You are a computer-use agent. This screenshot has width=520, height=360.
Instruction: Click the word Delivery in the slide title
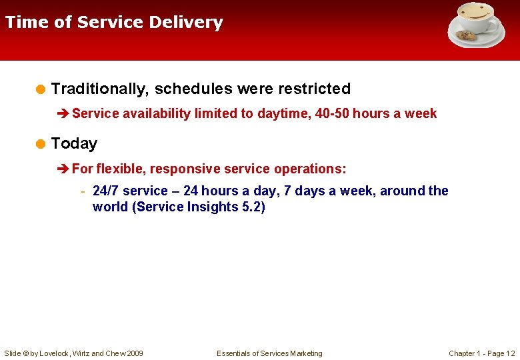186,23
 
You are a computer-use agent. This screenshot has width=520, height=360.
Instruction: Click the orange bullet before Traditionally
41,89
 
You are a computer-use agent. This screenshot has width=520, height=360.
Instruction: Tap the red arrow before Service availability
64,114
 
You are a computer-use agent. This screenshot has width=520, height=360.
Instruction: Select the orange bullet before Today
41,144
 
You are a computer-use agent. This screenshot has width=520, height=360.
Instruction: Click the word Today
74,143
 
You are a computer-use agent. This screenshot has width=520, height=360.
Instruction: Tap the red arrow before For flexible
64,169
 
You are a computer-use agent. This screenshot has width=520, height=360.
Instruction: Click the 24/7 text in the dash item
106,191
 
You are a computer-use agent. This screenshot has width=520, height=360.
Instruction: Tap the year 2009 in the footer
134,353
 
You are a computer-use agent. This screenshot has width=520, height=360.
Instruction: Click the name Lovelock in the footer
52,353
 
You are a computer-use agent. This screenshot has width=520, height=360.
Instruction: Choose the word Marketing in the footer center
305,353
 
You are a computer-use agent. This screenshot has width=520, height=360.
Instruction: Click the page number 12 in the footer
510,353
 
